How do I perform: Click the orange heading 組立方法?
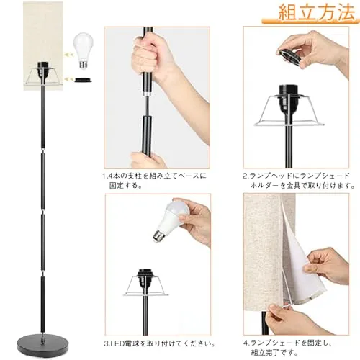tap(317, 12)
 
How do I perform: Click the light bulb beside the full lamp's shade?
tap(83, 51)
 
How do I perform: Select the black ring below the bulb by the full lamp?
tap(84, 80)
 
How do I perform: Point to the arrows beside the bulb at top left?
tap(68, 55)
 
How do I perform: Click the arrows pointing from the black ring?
tap(68, 78)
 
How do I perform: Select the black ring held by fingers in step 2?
tap(289, 57)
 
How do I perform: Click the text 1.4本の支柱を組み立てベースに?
tap(154, 176)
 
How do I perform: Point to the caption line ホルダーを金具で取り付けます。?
tap(302, 185)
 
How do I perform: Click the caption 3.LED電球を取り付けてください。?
tap(159, 343)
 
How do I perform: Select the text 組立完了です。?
tap(274, 353)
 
